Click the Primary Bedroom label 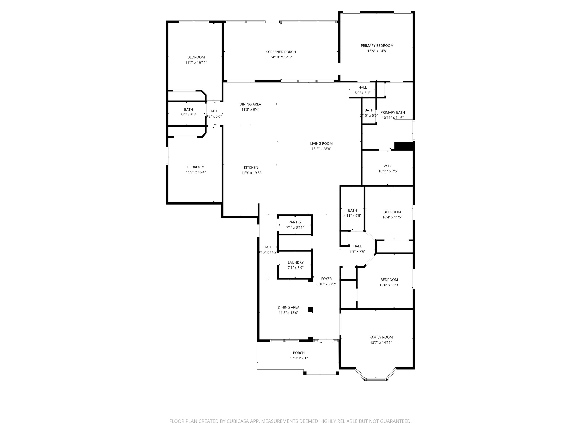click(x=377, y=46)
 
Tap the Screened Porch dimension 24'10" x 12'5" click(x=281, y=57)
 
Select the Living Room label click(x=321, y=144)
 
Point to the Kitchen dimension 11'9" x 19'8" click(x=251, y=173)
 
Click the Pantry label click(x=295, y=222)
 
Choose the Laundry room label click(x=296, y=262)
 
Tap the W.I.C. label click(x=388, y=166)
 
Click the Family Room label click(x=381, y=337)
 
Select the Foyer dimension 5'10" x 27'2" click(x=326, y=284)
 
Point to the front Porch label click(x=299, y=353)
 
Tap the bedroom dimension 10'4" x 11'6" click(x=392, y=217)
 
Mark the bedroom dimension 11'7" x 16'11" click(x=196, y=62)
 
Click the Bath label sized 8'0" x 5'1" click(x=188, y=110)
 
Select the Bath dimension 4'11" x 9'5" click(x=352, y=215)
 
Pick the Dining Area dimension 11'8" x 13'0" click(x=288, y=313)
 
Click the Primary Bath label click(x=392, y=112)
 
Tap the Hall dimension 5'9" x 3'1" click(x=363, y=93)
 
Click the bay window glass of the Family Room click(x=376, y=379)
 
